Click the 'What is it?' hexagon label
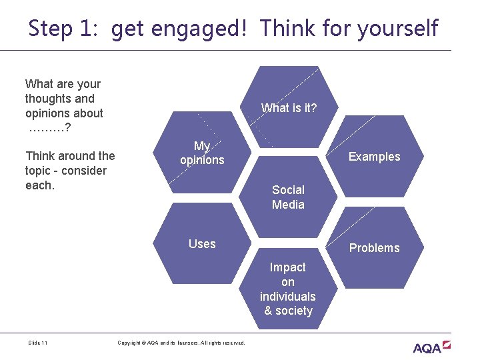[289, 108]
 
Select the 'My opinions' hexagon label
[202, 153]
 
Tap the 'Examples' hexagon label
[374, 157]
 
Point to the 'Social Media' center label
[288, 197]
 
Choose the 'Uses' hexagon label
[202, 244]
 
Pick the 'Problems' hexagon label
[374, 248]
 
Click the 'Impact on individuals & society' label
[288, 289]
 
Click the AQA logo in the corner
[431, 347]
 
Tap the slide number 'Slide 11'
[38, 343]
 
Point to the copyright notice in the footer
[181, 343]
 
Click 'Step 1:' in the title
[65, 28]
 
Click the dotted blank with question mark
[50, 128]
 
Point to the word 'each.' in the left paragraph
[39, 185]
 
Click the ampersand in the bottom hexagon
[268, 311]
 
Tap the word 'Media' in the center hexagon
[288, 205]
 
